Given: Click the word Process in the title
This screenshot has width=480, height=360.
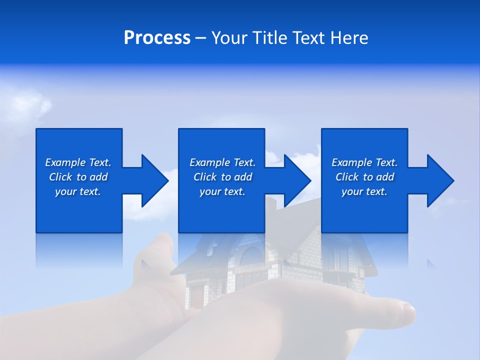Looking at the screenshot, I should click(157, 38).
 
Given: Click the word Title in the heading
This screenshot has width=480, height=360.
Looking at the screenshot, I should click(270, 38).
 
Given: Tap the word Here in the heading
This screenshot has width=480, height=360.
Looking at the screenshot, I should click(348, 38).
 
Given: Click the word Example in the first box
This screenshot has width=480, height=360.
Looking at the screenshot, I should click(65, 162).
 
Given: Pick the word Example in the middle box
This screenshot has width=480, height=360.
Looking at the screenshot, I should click(209, 162).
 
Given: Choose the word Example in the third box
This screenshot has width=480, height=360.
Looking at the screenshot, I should click(351, 162).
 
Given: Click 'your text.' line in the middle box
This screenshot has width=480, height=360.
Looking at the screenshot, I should click(222, 191).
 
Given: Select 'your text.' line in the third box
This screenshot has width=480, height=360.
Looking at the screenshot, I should click(364, 191).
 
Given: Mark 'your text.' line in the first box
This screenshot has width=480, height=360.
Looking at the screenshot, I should click(78, 191).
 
